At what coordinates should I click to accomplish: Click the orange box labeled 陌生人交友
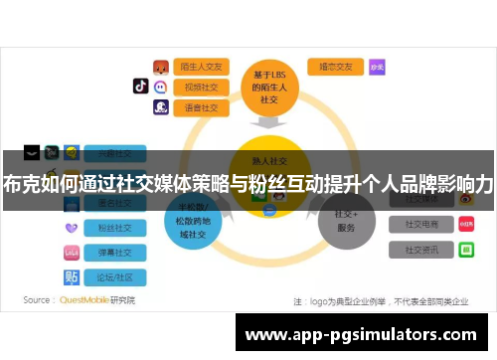(x=202, y=67)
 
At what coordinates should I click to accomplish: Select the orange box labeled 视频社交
(x=202, y=87)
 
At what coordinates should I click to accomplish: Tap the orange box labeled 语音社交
(x=202, y=106)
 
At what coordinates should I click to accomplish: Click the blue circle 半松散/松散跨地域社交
(x=194, y=221)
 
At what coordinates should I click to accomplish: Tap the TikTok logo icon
(x=140, y=87)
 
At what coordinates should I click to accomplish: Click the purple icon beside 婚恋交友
(x=377, y=67)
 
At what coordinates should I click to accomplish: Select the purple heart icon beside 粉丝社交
(x=72, y=228)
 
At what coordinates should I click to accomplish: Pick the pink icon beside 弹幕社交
(x=72, y=252)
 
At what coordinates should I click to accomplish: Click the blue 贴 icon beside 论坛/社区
(x=72, y=275)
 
